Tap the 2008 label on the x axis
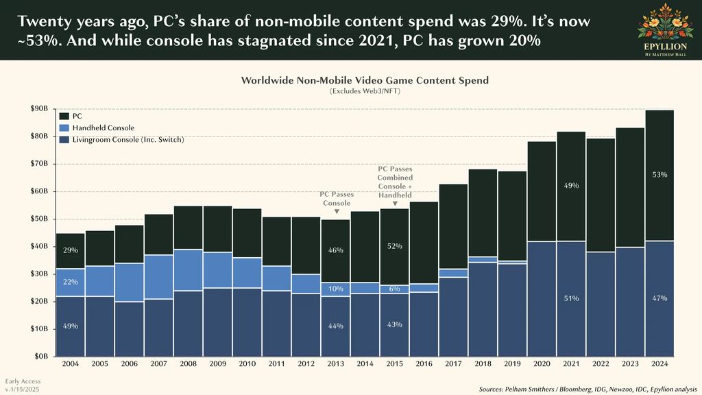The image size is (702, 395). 188,363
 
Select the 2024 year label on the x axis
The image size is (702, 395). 659,363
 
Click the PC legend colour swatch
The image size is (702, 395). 64,117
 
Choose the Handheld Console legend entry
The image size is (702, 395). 103,128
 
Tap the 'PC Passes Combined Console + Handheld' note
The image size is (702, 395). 394,182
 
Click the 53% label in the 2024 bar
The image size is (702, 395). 659,175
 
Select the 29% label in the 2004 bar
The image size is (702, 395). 71,251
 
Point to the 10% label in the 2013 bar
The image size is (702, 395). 335,289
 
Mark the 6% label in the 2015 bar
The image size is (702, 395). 394,289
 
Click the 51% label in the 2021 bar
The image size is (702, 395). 571,298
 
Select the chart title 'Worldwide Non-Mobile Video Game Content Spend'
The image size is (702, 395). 365,80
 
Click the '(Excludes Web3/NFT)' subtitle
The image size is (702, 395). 365,91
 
